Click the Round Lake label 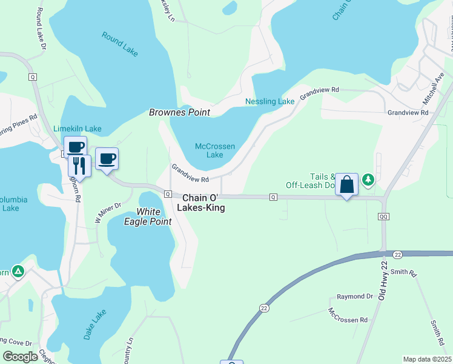120,44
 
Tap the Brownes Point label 180,112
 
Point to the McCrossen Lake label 214,150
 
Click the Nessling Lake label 269,101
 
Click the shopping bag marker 346,184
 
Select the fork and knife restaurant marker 79,164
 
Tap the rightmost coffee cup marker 107,159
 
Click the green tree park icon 368,180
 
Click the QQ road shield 383,217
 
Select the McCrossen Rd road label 348,315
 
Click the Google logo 20,357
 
